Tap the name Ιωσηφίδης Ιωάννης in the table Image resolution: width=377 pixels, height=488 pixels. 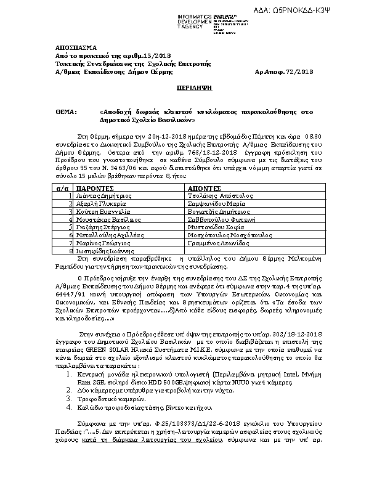[100, 251]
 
